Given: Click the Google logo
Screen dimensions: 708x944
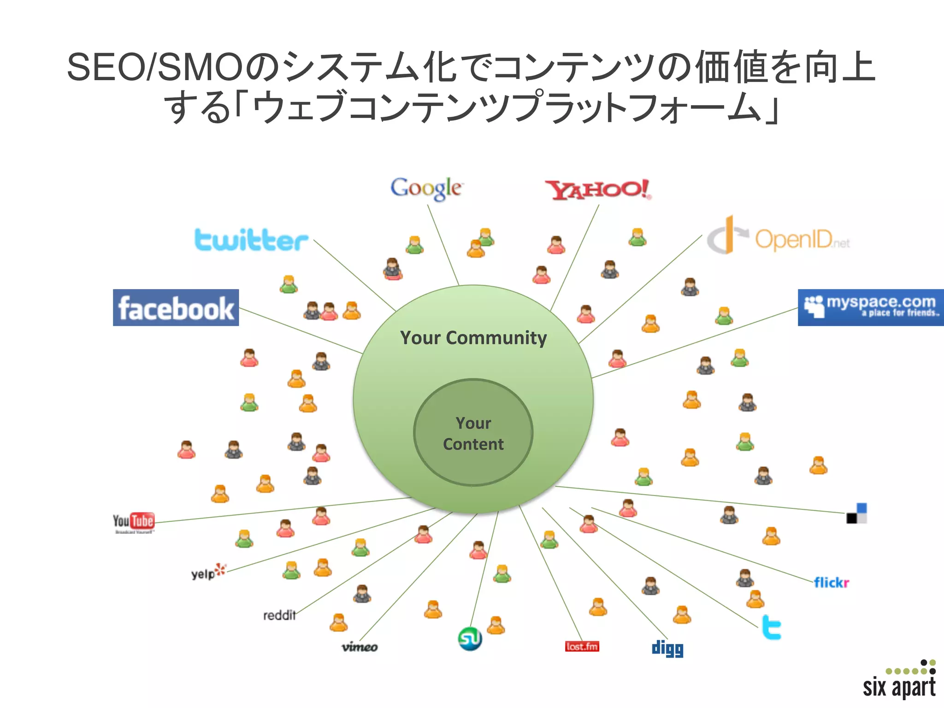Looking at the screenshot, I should [x=426, y=189].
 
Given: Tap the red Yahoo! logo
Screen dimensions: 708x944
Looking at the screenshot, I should [x=598, y=189].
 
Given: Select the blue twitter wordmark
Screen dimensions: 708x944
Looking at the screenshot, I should [x=251, y=240].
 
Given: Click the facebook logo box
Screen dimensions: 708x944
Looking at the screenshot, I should [x=176, y=307].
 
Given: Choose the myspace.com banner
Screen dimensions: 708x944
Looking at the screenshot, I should [x=870, y=307].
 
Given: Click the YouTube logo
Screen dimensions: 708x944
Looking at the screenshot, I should [x=134, y=522].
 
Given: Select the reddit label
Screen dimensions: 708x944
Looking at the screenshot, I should [x=279, y=615].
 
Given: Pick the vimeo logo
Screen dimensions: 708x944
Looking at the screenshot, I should [x=360, y=647].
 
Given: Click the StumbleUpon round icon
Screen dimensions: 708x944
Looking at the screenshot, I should [x=470, y=638].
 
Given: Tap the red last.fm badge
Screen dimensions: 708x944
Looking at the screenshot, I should [x=582, y=646].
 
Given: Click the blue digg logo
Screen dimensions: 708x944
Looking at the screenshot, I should [x=667, y=648].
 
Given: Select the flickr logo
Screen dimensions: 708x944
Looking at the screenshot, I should [x=831, y=583].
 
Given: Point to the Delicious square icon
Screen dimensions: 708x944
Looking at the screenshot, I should [x=856, y=513].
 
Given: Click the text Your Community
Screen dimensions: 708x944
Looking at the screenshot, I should [x=473, y=338].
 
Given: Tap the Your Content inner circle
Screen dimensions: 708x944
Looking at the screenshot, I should [x=473, y=433].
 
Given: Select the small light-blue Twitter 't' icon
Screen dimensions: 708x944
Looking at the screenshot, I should [x=772, y=627].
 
